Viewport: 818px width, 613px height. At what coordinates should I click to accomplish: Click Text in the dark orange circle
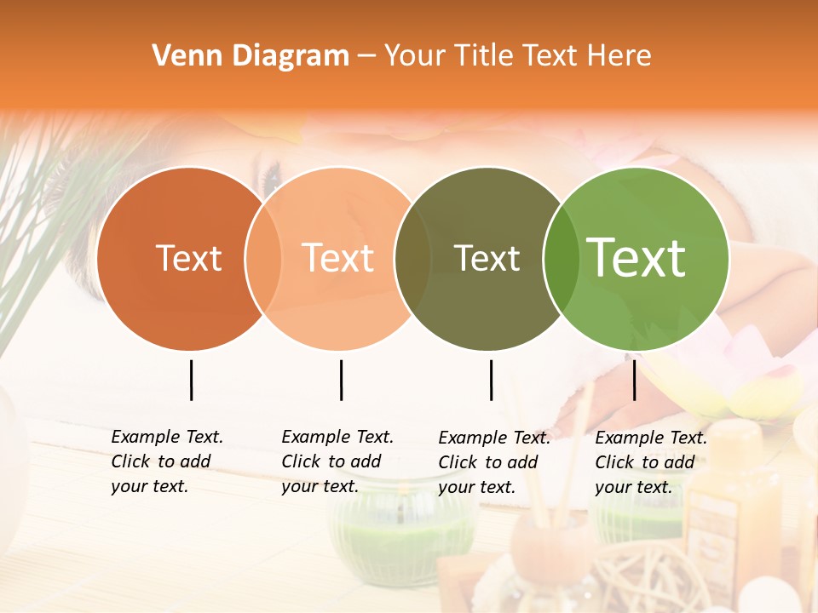point(188,258)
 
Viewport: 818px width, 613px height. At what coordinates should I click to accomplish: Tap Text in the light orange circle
point(338,258)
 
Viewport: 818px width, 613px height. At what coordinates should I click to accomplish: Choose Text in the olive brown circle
point(487,258)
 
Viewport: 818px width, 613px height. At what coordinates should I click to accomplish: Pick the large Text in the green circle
point(637,258)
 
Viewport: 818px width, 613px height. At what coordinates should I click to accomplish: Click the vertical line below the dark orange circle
point(191,380)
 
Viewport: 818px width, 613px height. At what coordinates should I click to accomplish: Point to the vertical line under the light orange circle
point(341,380)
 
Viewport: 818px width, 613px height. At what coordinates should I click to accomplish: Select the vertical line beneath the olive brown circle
point(491,380)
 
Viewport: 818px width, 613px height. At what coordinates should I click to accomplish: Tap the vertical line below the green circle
point(634,380)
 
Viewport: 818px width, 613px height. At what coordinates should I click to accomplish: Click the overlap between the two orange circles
point(264,258)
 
